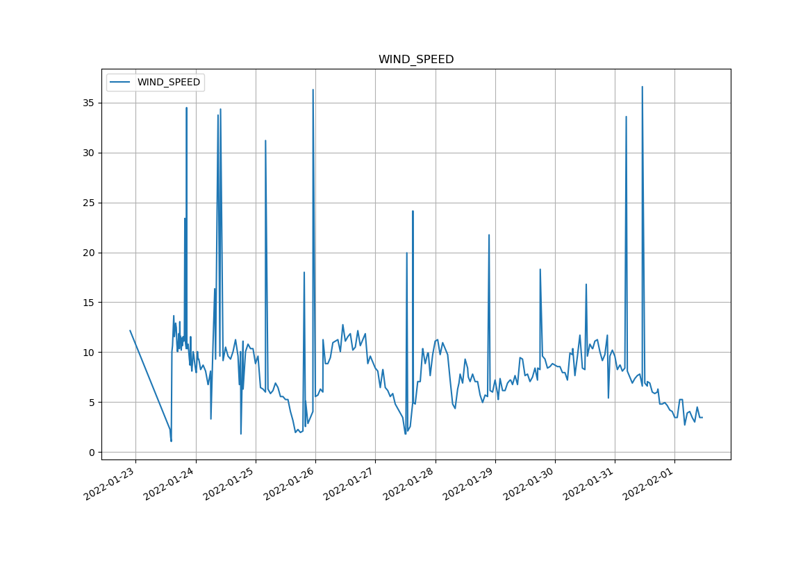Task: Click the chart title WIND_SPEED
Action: click(415, 60)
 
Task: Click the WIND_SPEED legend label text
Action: click(168, 83)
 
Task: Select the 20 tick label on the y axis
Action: click(88, 253)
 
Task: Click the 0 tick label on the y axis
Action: click(91, 453)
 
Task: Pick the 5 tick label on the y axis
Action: click(91, 403)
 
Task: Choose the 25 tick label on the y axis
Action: click(88, 203)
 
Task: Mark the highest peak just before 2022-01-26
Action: click(313, 90)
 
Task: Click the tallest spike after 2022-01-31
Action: click(642, 87)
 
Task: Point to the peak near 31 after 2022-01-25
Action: click(265, 141)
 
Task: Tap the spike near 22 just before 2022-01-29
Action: click(489, 235)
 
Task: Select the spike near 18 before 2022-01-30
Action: click(540, 269)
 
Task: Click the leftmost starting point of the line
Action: click(130, 330)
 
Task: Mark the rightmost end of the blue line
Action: click(702, 417)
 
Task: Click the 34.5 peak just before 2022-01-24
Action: click(186, 108)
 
